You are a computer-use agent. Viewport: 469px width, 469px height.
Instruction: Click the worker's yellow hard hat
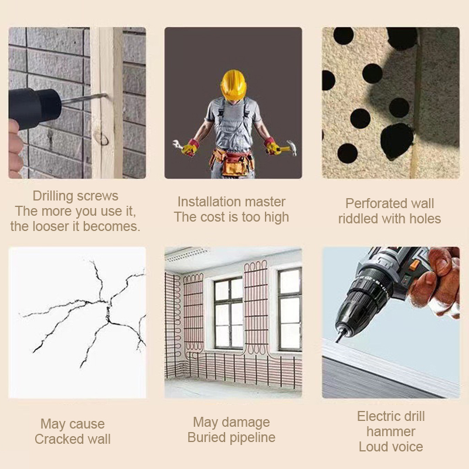233,85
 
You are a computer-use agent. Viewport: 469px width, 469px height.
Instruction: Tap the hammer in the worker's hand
287,148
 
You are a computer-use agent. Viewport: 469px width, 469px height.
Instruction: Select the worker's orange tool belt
232,163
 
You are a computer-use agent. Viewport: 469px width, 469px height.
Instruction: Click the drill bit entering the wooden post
84,98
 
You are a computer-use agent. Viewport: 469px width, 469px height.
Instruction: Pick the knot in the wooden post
101,138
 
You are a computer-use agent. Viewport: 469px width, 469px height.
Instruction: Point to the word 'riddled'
358,219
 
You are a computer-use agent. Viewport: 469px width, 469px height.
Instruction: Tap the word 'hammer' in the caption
390,431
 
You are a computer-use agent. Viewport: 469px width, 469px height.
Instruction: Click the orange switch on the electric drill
414,266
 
